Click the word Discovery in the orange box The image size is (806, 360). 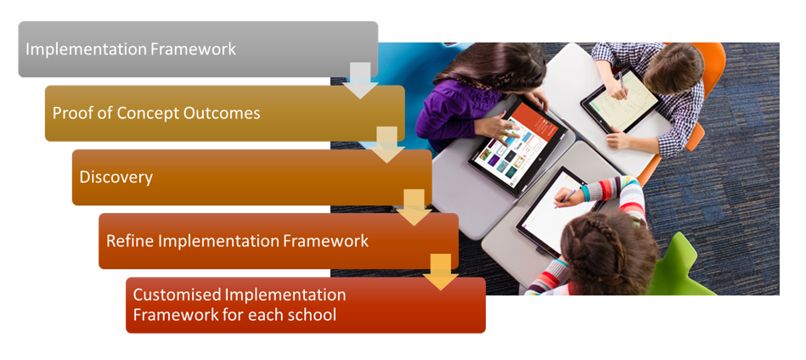pyautogui.click(x=116, y=177)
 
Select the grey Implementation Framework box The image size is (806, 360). pyautogui.click(x=198, y=49)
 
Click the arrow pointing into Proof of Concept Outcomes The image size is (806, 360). pyautogui.click(x=360, y=81)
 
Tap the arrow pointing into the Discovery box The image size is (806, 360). pyautogui.click(x=387, y=145)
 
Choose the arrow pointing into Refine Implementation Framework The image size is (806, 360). pyautogui.click(x=414, y=207)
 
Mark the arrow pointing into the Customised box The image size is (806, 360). pyautogui.click(x=441, y=272)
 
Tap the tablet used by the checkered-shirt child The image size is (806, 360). pyautogui.click(x=621, y=101)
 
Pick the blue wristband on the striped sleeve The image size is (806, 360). pyautogui.click(x=585, y=194)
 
